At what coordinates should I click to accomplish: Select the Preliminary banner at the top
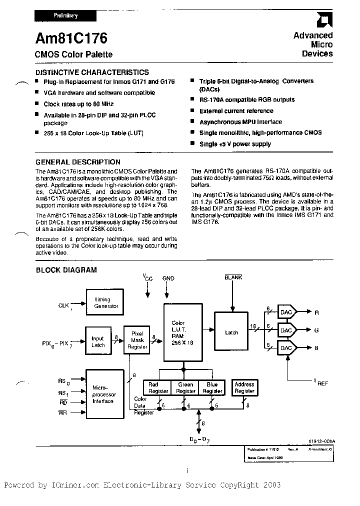click(65, 15)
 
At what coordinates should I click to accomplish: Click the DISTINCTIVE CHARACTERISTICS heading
click(92, 72)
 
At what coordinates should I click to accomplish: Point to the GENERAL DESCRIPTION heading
click(78, 162)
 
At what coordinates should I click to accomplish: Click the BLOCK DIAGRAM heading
click(66, 270)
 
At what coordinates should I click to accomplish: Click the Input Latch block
click(97, 341)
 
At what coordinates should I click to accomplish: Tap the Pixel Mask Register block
click(137, 339)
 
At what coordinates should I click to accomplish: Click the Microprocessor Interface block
click(104, 394)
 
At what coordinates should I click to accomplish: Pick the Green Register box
click(185, 387)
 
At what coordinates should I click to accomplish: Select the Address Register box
click(244, 387)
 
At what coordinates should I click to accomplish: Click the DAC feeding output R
click(286, 312)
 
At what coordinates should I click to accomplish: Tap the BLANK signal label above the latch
click(233, 276)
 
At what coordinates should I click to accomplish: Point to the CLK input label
click(63, 304)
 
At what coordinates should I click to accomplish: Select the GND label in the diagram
click(168, 278)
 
